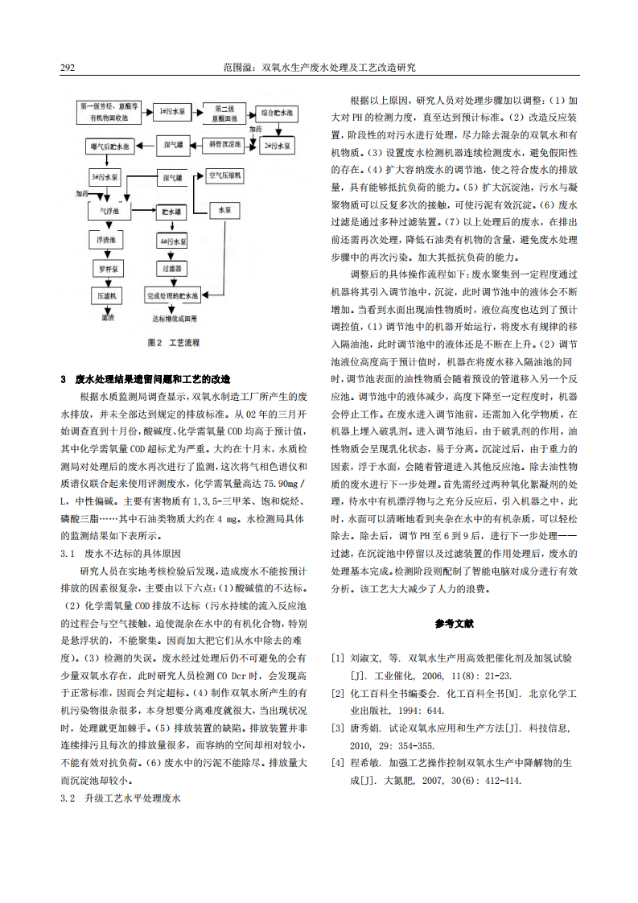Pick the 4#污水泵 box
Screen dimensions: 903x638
(x=173, y=241)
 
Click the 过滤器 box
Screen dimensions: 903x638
(x=173, y=267)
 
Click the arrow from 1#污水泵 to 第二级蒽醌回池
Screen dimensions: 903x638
(x=196, y=110)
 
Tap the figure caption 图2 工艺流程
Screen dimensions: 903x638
(x=174, y=342)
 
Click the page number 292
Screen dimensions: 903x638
(x=68, y=68)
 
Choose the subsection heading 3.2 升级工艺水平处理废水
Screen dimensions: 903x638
(x=121, y=798)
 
